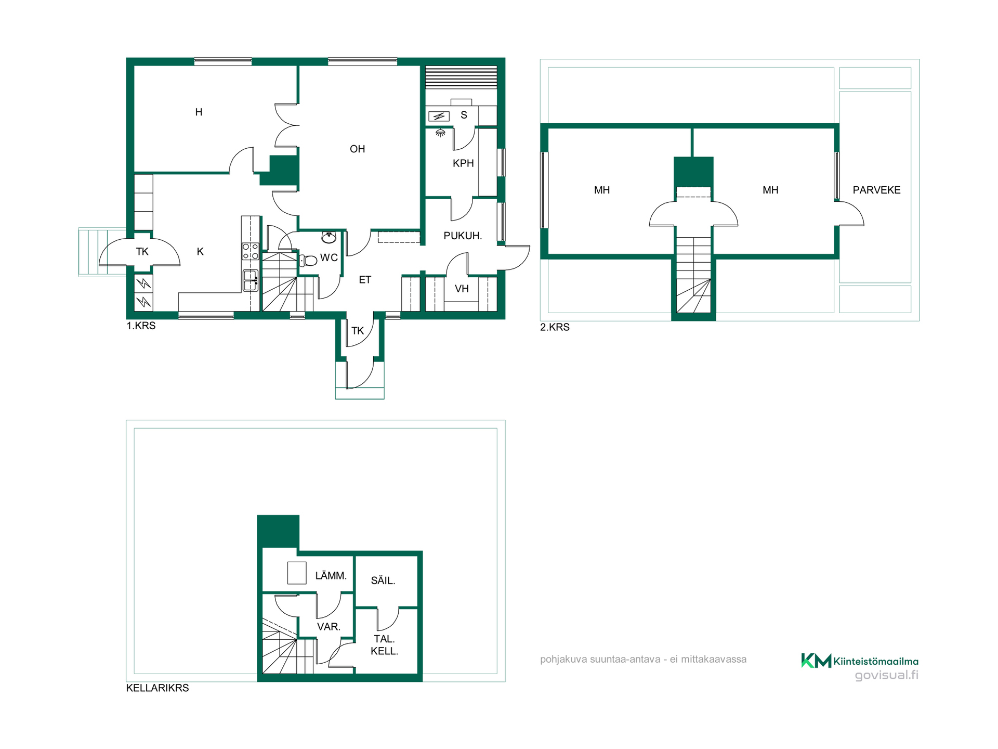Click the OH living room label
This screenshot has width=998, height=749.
coord(357,149)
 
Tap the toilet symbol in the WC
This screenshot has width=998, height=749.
coord(309,260)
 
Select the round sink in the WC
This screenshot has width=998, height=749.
coord(329,238)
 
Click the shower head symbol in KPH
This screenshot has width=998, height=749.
coord(440,133)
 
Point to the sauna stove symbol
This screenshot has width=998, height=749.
coord(439,116)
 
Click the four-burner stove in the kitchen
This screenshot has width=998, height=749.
coord(251,251)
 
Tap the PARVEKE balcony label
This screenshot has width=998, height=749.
coord(876,190)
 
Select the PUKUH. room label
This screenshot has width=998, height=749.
coord(463,236)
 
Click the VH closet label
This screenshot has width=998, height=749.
coord(462,289)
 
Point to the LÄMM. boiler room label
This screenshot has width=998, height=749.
coord(331,576)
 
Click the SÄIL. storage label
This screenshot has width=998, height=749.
coord(383,580)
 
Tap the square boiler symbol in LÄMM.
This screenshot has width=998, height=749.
coord(297,573)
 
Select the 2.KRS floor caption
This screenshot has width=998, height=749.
coord(555,327)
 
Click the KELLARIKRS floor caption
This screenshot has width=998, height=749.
coord(157,688)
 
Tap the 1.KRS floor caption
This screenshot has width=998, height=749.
coord(141,326)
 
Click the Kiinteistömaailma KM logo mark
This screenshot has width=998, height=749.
coord(816,661)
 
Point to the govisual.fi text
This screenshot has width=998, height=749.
coord(887,675)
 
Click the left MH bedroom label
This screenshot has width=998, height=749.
coord(602,190)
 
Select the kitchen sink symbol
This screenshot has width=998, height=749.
coord(251,280)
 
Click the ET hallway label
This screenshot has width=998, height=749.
coord(365,280)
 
